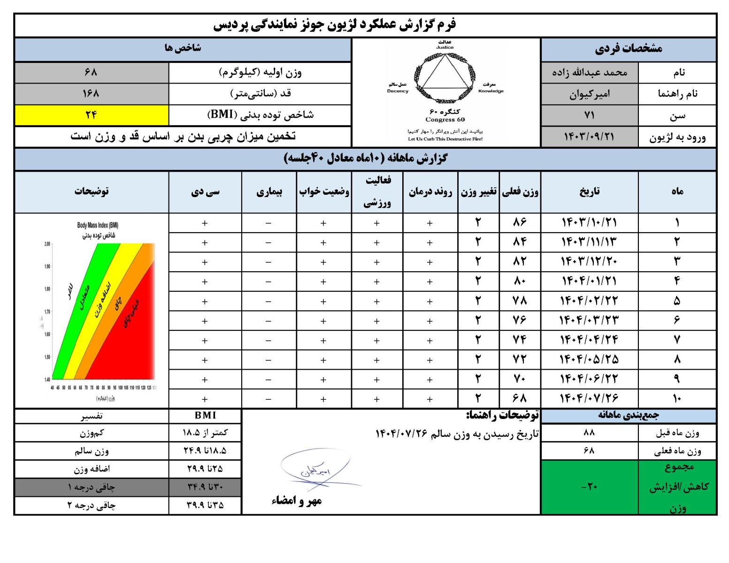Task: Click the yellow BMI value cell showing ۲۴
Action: [92, 115]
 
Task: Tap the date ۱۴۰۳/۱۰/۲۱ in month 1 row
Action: [589, 222]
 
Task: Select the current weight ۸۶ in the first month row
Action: [520, 222]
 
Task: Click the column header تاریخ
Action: [589, 191]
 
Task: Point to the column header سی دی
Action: [205, 191]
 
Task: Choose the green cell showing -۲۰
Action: [589, 487]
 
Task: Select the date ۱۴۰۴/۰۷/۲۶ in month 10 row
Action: [589, 398]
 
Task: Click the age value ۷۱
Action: [589, 115]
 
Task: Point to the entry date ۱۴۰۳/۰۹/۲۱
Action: [589, 137]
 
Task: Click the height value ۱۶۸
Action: [92, 93]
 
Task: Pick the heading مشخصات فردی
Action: [628, 49]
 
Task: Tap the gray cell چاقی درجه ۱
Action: [92, 487]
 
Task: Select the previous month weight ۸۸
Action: [589, 433]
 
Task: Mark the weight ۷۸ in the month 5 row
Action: [520, 300]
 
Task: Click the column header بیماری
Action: [269, 191]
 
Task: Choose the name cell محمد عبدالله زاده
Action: [589, 73]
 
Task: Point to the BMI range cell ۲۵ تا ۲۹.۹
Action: [205, 469]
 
